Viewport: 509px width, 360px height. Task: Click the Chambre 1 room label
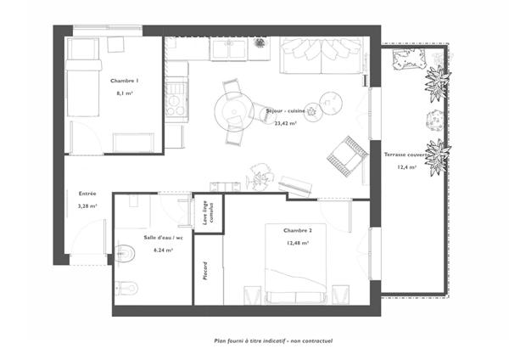[x=124, y=80]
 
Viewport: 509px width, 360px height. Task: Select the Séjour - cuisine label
[x=285, y=111]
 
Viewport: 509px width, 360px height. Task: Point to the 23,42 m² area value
[x=285, y=122]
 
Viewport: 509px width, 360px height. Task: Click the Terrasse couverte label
[x=406, y=155]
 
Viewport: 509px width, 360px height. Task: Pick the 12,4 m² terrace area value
[x=406, y=167]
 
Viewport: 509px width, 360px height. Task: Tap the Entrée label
[x=87, y=194]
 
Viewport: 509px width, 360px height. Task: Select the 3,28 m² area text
[x=87, y=205]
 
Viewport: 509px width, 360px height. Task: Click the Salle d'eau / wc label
[x=163, y=238]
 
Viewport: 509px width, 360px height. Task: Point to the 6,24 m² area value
[x=163, y=250]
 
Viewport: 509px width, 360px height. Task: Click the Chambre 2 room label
[x=298, y=230]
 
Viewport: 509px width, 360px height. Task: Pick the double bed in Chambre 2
[x=296, y=273]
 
